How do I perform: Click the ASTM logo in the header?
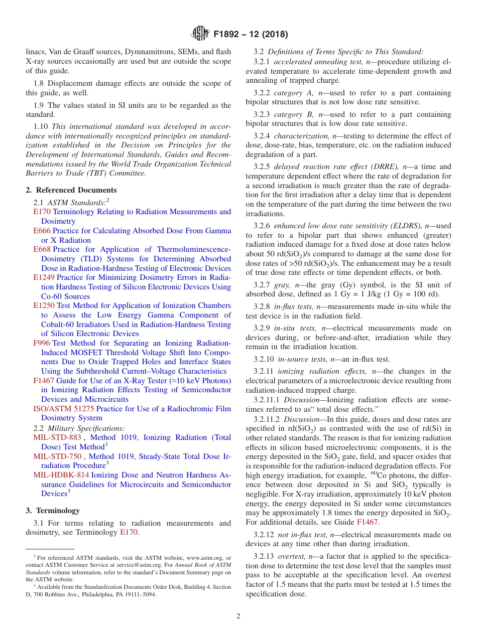coord(200,34)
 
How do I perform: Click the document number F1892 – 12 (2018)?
coord(250,35)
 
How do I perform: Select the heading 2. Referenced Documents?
coord(71,190)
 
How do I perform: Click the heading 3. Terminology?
coord(53,511)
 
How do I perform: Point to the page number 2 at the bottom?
coord(238,616)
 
